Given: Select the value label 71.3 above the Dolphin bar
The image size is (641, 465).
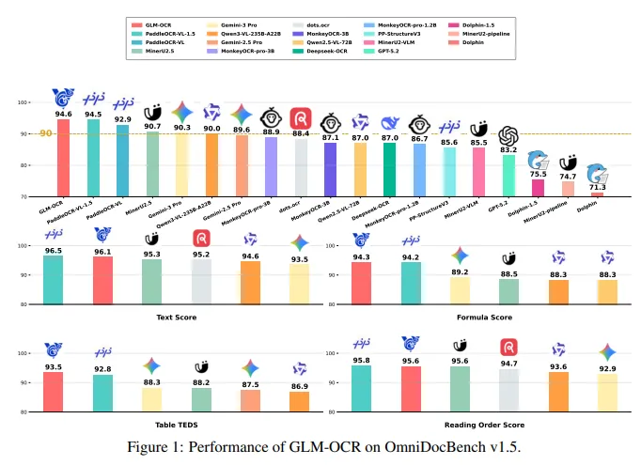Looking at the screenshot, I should click(x=598, y=188).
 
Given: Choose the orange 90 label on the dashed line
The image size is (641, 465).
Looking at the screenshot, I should click(x=46, y=133).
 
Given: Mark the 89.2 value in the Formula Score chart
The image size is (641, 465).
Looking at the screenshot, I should click(x=460, y=272).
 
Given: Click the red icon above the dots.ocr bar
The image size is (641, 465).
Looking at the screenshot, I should click(x=302, y=117).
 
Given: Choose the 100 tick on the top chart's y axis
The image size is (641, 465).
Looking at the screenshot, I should click(x=22, y=102).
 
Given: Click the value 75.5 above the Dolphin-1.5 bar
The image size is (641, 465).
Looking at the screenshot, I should click(x=538, y=174).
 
